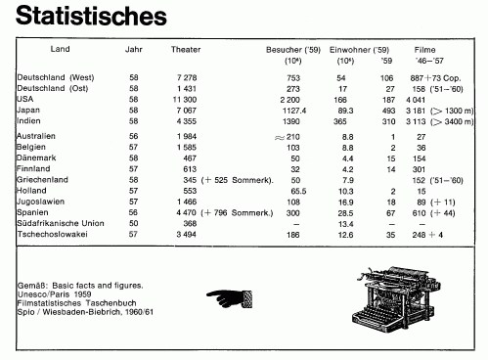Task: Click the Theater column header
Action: click(186, 49)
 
